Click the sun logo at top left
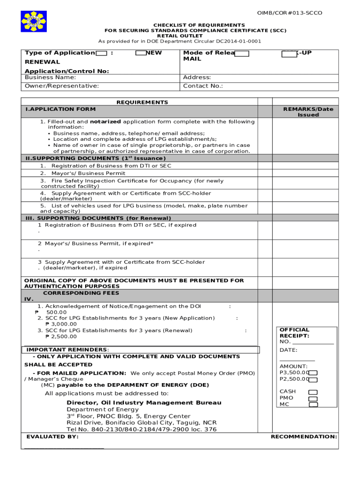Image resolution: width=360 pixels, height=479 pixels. (34, 22)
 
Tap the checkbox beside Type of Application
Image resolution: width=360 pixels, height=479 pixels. (101, 53)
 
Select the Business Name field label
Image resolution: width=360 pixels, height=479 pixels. (50, 77)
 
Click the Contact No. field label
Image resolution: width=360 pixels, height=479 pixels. (203, 86)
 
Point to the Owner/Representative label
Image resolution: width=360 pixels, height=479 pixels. (62, 86)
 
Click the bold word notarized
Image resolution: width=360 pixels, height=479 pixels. (105, 122)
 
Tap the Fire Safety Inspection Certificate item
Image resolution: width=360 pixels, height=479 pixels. (131, 181)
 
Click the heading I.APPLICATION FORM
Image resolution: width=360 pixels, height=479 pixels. (60, 109)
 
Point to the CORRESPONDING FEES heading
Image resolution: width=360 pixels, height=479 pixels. (81, 293)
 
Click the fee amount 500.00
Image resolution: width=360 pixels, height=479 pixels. (57, 312)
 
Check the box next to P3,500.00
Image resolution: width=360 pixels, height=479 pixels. (313, 373)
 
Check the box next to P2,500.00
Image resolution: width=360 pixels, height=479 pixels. (313, 379)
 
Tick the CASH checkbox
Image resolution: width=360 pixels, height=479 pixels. (313, 392)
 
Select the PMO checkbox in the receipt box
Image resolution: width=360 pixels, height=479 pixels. (313, 398)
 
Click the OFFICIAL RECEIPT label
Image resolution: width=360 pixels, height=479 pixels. (294, 333)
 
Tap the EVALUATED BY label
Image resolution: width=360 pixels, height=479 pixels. (52, 436)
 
